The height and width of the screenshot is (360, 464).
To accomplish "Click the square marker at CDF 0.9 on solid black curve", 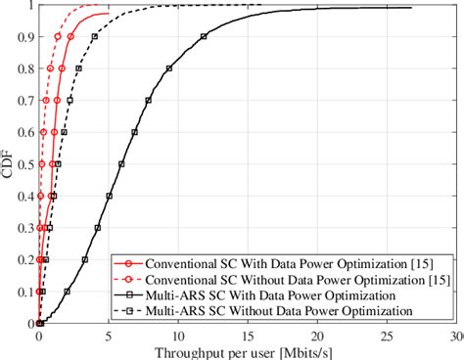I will (204, 37).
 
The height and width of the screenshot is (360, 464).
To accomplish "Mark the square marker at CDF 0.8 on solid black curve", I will (169, 68).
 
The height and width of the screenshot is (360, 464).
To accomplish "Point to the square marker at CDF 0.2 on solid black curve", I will (86, 259).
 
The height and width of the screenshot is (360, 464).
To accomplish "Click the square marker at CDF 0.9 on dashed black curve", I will (94, 37).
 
